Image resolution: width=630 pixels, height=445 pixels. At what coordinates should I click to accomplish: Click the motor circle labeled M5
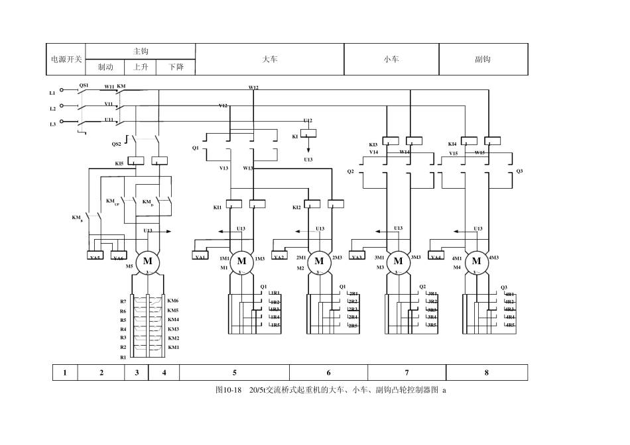click(x=148, y=261)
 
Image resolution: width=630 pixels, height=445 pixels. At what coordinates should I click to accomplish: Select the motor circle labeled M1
click(x=242, y=261)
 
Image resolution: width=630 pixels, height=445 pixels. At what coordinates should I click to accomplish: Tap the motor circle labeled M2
click(x=319, y=261)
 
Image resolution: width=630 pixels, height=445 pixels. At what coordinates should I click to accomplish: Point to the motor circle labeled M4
click(x=476, y=261)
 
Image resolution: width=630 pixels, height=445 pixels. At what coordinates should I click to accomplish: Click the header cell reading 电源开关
click(x=66, y=60)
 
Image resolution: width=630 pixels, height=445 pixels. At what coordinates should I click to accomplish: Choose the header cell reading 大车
click(x=269, y=60)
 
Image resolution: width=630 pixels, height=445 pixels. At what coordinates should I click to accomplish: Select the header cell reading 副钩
click(x=483, y=60)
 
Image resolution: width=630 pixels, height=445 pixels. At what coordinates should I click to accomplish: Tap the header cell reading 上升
click(x=141, y=68)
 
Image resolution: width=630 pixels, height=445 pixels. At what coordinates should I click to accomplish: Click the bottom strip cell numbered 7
click(x=407, y=373)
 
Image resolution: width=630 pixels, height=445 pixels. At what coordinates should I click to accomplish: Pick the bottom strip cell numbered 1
click(x=65, y=373)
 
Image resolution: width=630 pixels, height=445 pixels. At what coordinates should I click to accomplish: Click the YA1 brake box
click(x=200, y=257)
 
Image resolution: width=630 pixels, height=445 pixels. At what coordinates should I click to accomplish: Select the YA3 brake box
click(x=357, y=257)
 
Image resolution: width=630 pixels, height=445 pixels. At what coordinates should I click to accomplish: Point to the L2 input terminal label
click(x=52, y=109)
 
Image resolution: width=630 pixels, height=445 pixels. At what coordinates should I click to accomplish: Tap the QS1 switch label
click(x=84, y=85)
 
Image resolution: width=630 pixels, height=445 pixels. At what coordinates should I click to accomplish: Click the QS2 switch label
click(x=116, y=144)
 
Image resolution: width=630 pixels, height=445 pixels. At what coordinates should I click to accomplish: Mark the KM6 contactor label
click(x=173, y=301)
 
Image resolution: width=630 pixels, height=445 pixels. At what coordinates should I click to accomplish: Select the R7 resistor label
click(x=123, y=302)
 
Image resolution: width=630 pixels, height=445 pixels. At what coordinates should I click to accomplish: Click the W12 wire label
click(x=253, y=87)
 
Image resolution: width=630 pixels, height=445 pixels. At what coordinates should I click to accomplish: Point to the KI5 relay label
click(x=119, y=164)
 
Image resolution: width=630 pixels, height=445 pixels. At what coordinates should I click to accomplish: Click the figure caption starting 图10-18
click(x=331, y=390)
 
